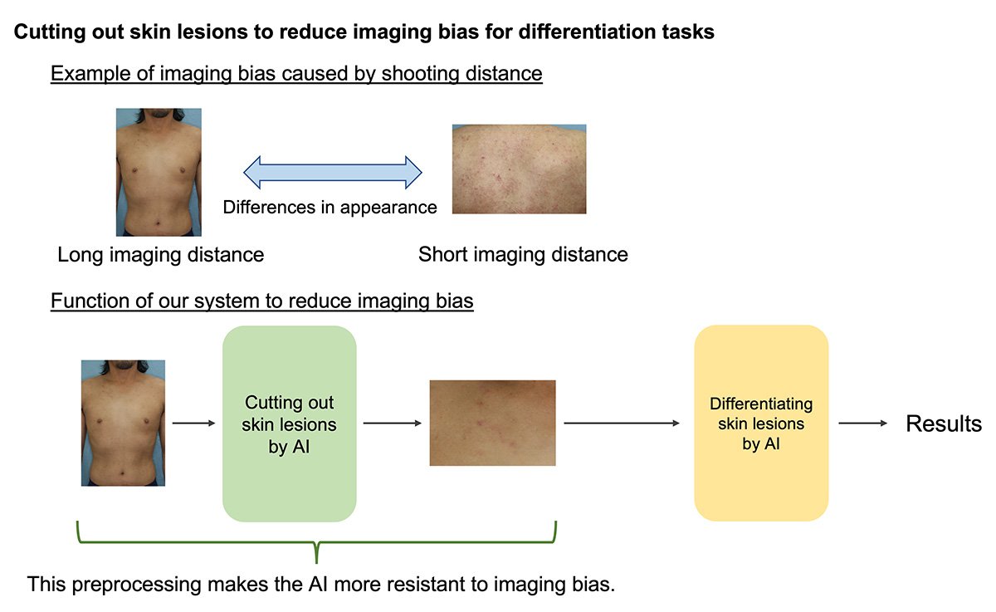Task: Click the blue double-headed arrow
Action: click(x=333, y=172)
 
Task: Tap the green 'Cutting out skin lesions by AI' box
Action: click(x=290, y=424)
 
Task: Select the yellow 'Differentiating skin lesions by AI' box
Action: click(x=761, y=423)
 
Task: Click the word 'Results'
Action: click(x=944, y=424)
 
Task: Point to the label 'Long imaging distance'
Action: click(x=160, y=255)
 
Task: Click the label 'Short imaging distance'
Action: click(x=523, y=254)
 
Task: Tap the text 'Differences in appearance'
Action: click(x=330, y=208)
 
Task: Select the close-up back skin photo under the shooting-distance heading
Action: click(x=519, y=169)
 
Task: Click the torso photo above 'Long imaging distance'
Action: click(x=159, y=172)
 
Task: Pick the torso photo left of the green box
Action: click(x=123, y=423)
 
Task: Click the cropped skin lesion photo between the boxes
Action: click(x=493, y=423)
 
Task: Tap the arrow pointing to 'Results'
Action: click(x=862, y=423)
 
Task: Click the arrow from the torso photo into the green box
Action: click(x=194, y=423)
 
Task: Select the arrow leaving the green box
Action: click(x=392, y=423)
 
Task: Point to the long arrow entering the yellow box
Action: click(x=622, y=423)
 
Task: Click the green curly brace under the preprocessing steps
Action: click(x=316, y=542)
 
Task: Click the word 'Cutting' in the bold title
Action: click(x=49, y=32)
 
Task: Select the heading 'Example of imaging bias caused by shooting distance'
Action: click(x=296, y=73)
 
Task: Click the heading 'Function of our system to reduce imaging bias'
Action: click(x=262, y=301)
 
